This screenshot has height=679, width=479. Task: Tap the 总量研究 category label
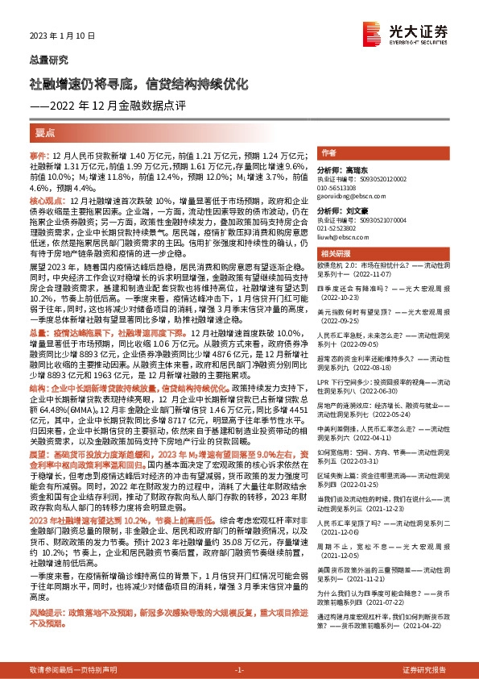[48, 60]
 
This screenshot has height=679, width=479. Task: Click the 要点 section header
[45, 131]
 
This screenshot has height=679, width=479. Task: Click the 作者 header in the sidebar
[328, 152]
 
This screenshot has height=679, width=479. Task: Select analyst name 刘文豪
[363, 210]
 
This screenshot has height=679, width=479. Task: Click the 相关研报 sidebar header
[334, 255]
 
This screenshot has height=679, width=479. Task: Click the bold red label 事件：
[40, 154]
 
